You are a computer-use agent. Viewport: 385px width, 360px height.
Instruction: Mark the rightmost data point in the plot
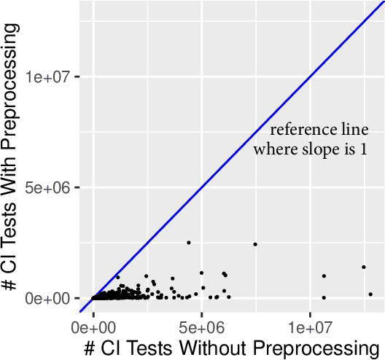click(370, 294)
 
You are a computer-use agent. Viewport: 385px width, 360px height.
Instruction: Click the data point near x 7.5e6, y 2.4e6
click(255, 244)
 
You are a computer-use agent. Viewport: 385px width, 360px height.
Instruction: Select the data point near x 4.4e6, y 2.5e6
click(188, 243)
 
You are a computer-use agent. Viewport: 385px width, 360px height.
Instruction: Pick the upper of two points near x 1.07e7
click(324, 276)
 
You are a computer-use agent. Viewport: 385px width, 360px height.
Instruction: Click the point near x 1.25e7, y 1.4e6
click(363, 267)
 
